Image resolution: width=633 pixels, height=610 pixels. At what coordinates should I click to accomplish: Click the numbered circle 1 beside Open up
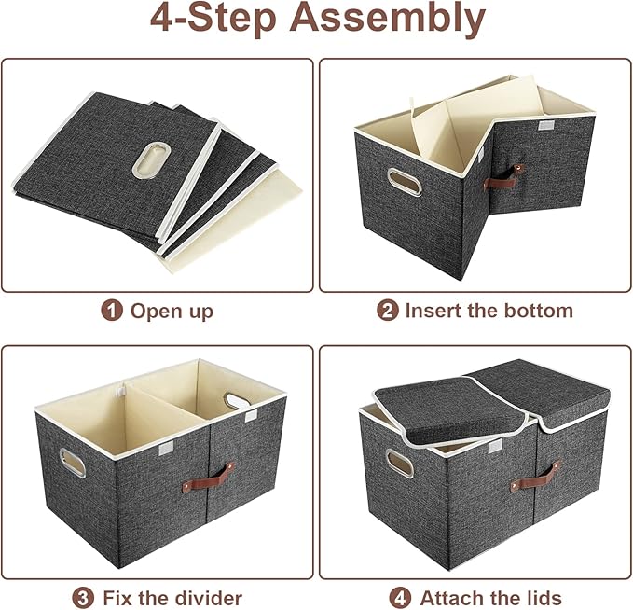[112, 311]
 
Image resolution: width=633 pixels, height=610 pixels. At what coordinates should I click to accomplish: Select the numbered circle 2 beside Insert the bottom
[388, 311]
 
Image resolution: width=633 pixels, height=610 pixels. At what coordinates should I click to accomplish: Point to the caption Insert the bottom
[489, 311]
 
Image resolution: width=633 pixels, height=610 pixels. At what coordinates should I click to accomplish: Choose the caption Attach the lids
[490, 597]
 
